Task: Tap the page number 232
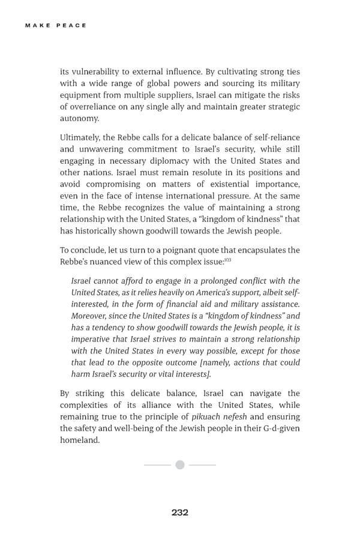[x=179, y=512]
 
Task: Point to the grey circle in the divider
[x=179, y=465]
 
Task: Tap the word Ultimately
[x=81, y=137]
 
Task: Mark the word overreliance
[x=97, y=107]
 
